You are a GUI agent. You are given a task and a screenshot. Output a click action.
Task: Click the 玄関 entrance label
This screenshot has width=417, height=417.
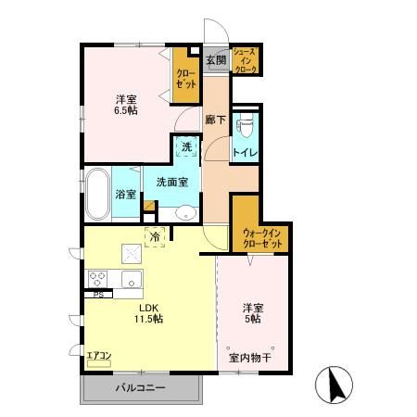[215, 60]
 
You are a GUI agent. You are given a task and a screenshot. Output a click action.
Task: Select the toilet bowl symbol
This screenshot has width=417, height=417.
[246, 127]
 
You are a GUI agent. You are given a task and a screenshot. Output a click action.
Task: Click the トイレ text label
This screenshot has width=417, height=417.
[245, 153]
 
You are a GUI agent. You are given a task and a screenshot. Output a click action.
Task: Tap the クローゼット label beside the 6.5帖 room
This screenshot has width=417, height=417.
[185, 77]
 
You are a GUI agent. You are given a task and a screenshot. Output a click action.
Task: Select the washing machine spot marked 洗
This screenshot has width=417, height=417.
[186, 146]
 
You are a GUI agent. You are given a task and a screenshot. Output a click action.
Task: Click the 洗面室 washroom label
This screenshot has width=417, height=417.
[171, 183]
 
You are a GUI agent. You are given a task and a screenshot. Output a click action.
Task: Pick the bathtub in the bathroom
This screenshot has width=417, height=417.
[97, 194]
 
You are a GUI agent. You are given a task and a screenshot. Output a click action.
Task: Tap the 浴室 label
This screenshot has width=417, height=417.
[126, 195]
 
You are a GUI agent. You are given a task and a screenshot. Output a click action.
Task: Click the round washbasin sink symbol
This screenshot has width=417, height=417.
[185, 211]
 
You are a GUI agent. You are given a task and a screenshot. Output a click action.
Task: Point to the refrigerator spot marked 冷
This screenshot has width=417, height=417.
[155, 237]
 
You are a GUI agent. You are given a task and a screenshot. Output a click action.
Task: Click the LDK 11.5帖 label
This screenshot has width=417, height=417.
[151, 312]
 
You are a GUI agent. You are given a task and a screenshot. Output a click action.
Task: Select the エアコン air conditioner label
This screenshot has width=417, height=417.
[99, 354]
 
